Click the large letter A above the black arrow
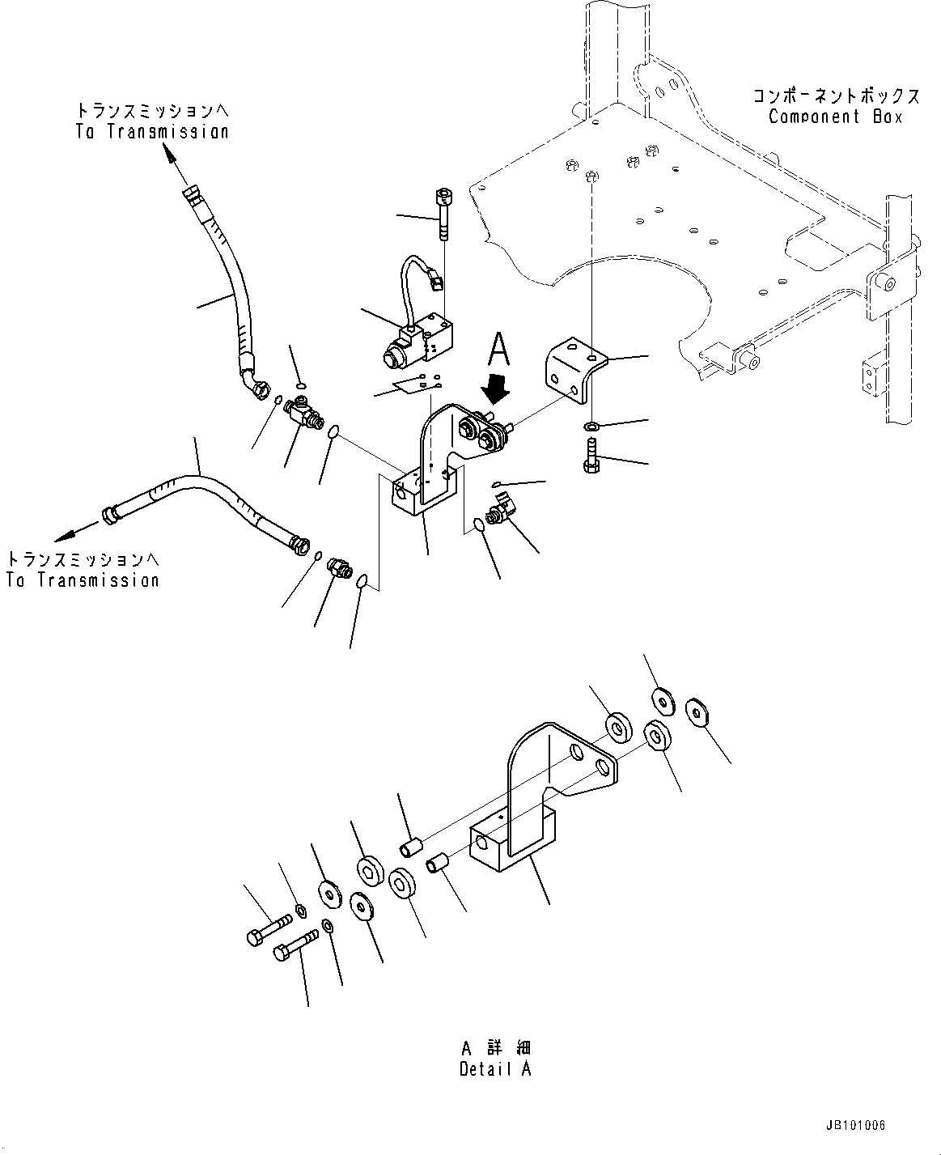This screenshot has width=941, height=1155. [500, 353]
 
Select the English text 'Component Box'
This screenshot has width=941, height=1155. [835, 117]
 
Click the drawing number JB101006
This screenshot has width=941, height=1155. [856, 1125]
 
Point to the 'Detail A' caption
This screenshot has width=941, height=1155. [495, 1068]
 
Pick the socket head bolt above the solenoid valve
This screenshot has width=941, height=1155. [444, 212]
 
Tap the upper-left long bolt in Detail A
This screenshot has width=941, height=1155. [268, 928]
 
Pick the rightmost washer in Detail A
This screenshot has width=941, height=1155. [697, 711]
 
